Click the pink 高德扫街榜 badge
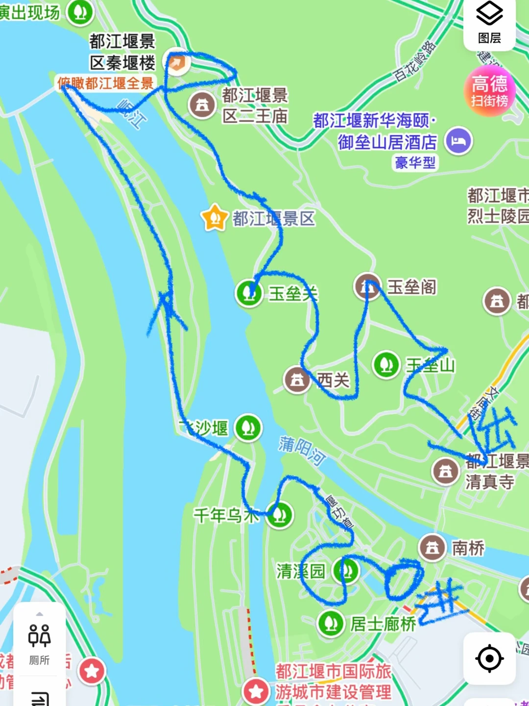pos(489,91)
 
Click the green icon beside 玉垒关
pos(249,293)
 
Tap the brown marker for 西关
pos(297,379)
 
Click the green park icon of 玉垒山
pos(386,365)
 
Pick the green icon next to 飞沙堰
pos(248,428)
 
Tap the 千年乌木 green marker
pos(280,515)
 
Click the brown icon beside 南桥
pos(432,547)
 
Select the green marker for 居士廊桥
pos(331,624)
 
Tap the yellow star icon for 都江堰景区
pos(215,218)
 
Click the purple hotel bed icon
pos(458,141)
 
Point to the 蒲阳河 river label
pos(302,451)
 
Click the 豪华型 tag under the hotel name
pos(415,162)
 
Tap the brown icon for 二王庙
pos(202,104)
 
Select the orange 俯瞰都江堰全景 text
pos(105,83)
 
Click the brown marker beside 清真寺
pos(445,471)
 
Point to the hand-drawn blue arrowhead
pos(167,306)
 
